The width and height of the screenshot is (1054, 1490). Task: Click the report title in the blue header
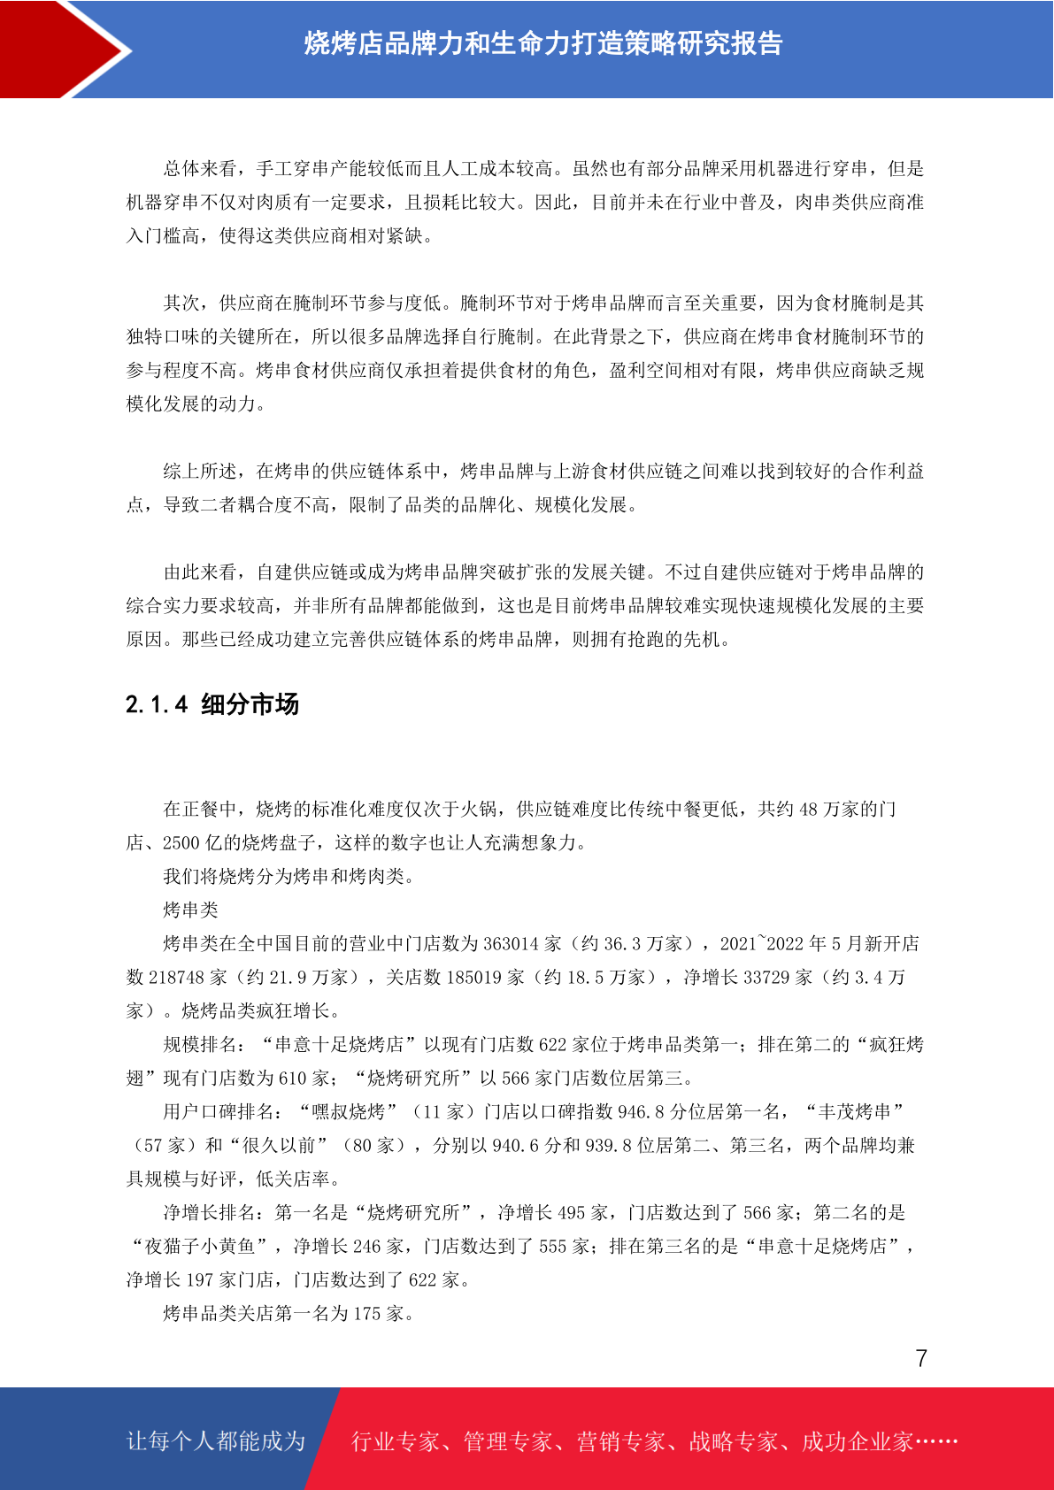[543, 43]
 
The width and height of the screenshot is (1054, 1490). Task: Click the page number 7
[921, 1358]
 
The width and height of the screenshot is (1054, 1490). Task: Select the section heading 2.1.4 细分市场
[212, 704]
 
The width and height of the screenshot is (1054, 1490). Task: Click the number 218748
[176, 978]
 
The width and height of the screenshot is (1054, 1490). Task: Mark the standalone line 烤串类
[190, 910]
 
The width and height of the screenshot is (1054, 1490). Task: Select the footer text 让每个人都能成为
[216, 1441]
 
